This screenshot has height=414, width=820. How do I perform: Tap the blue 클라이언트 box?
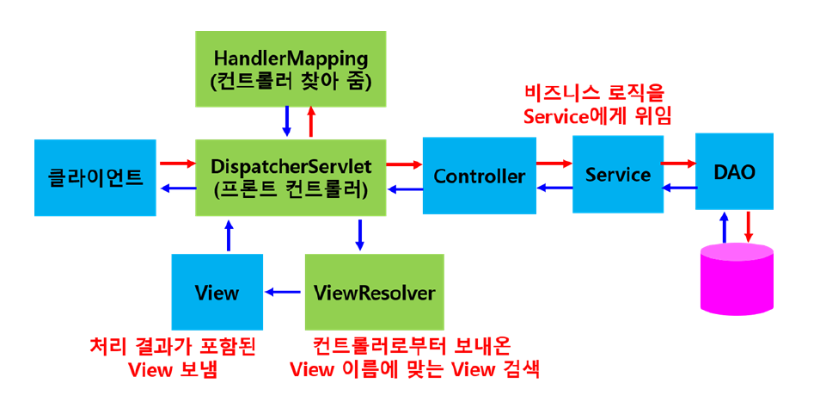pos(95,176)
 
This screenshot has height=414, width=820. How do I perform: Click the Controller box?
pos(479,176)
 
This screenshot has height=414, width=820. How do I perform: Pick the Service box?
pos(617,174)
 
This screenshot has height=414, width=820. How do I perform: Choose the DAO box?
pos(734,171)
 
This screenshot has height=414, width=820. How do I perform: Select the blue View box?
pos(217,293)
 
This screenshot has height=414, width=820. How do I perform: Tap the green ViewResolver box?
pos(374,293)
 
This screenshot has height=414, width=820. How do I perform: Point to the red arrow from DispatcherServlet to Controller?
pos(403,163)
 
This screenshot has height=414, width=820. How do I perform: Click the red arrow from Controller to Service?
pos(554,161)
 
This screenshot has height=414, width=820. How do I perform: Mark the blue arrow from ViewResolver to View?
pos(283,293)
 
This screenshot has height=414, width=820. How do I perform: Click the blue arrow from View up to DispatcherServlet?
pos(229,233)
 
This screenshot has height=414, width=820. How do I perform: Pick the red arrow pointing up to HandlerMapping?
pos(310,121)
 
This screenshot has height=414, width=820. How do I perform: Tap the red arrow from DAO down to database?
pos(749,226)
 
